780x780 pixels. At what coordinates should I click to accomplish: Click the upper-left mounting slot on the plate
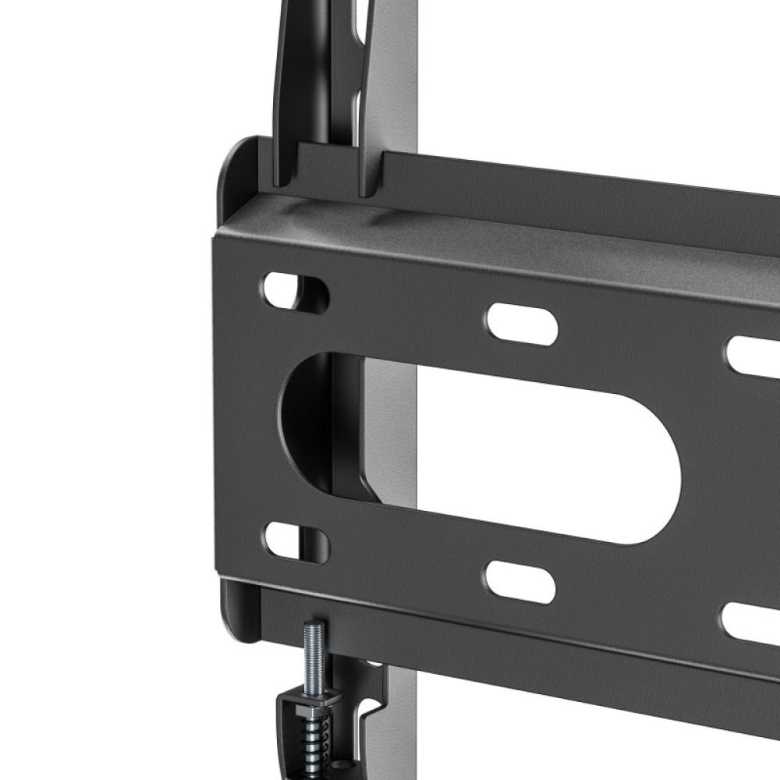[x=294, y=292]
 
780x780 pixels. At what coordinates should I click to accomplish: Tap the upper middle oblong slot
[x=522, y=323]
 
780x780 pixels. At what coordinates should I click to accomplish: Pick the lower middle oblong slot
[x=520, y=580]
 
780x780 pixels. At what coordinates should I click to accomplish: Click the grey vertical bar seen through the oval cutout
[x=390, y=437]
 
